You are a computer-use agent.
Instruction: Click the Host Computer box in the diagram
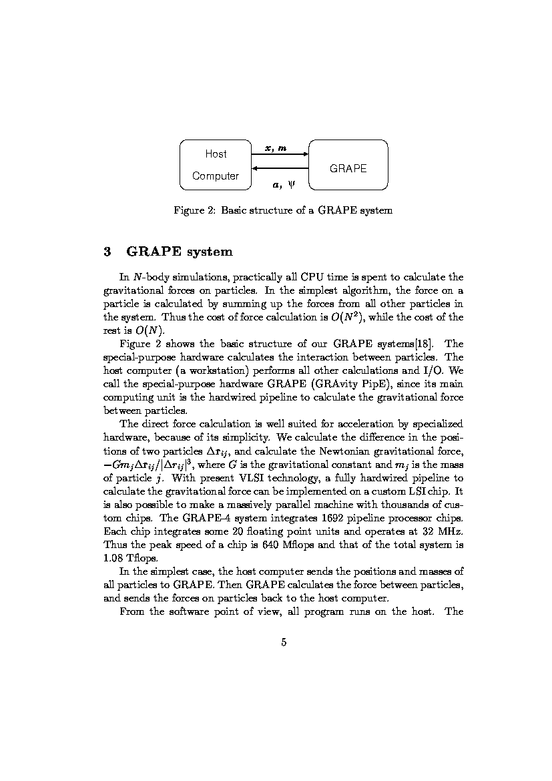[215, 165]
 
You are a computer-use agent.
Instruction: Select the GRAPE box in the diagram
[348, 165]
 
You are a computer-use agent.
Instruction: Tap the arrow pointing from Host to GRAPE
[279, 154]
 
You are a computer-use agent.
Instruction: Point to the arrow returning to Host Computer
[279, 168]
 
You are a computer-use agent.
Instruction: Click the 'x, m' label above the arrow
[276, 148]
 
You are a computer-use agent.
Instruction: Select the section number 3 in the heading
[107, 252]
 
